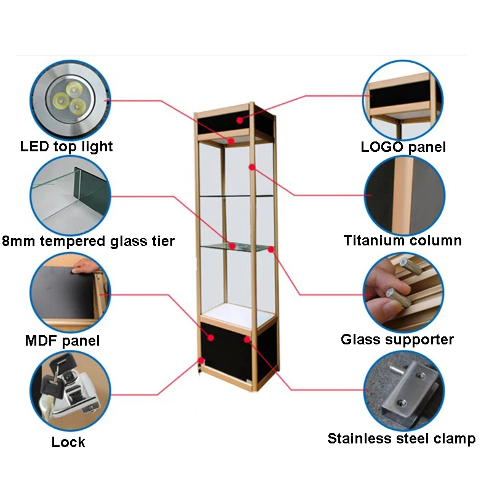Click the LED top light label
(66, 146)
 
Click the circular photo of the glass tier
(69, 196)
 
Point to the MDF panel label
(62, 341)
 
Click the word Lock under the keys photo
(68, 442)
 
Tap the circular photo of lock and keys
(69, 392)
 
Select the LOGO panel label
(403, 146)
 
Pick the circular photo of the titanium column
(404, 196)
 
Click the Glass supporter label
(397, 339)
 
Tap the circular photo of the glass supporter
(403, 293)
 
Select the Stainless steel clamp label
(401, 438)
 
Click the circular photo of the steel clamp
(403, 392)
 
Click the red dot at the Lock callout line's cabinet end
(200, 361)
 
